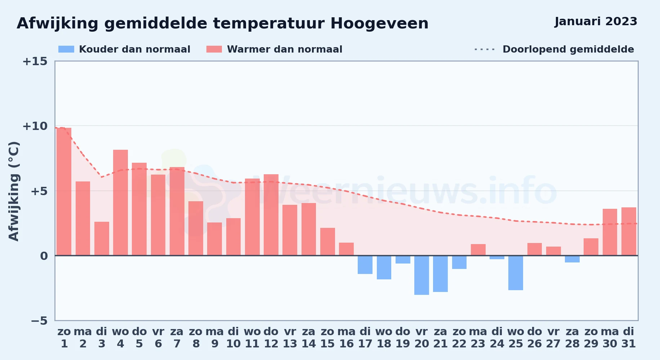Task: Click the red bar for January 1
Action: click(x=64, y=192)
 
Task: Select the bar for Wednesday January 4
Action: click(x=120, y=203)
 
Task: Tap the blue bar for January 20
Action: click(x=422, y=275)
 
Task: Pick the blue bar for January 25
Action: click(x=516, y=273)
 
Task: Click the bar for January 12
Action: click(x=271, y=215)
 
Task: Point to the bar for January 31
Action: click(x=629, y=231)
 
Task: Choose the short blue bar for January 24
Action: click(x=497, y=257)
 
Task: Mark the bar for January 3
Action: click(x=102, y=239)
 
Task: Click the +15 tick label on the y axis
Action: click(x=35, y=61)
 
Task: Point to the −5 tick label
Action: click(x=39, y=320)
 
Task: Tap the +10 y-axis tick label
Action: click(x=35, y=126)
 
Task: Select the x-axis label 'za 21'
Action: click(x=440, y=338)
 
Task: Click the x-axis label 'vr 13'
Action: click(x=290, y=338)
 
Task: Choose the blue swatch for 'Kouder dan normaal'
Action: click(x=66, y=49)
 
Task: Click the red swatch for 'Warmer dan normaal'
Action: click(x=214, y=49)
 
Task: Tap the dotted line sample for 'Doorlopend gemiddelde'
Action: click(x=485, y=49)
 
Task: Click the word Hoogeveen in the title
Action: click(x=379, y=24)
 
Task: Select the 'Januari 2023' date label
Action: click(x=596, y=22)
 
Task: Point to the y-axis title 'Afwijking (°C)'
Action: click(x=14, y=191)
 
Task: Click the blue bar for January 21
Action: click(x=440, y=274)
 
